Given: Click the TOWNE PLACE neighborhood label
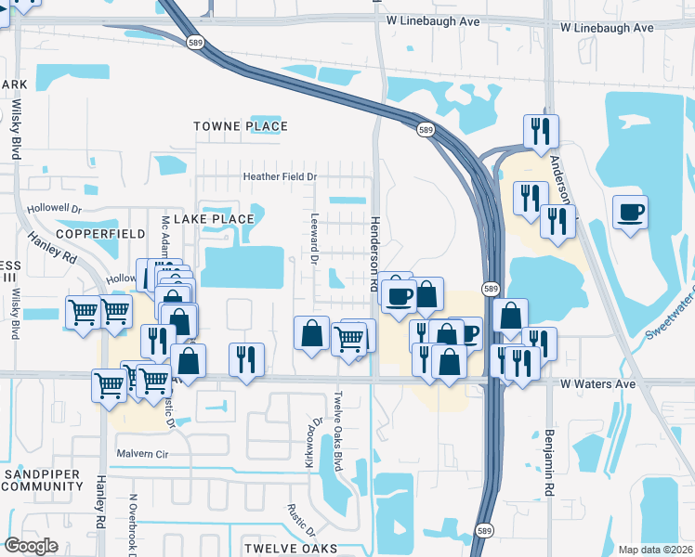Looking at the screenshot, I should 241,126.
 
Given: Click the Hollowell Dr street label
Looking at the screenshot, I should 55,210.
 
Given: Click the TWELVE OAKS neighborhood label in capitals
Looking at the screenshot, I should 282,549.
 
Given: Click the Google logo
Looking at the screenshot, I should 32,546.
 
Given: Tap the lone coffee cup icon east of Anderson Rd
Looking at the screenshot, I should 630,212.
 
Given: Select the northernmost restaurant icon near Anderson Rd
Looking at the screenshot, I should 540,130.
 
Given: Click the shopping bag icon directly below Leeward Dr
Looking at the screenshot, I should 312,332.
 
